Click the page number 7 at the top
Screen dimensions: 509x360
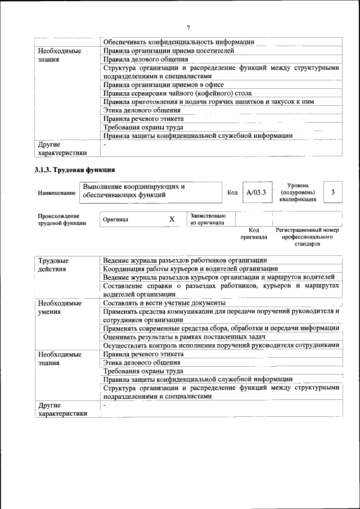pos(188,27)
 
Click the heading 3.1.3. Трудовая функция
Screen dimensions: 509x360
pos(75,169)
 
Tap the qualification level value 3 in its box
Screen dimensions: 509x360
pos(334,192)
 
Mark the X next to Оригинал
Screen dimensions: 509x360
pos(172,219)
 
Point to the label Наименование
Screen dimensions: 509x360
pos(57,193)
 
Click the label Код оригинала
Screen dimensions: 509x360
pos(254,233)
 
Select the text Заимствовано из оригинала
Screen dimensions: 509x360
pos(208,219)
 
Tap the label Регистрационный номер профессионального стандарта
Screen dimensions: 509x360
pos(307,237)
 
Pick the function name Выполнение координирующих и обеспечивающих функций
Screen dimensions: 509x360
pos(134,191)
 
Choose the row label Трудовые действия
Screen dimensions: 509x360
pos(53,264)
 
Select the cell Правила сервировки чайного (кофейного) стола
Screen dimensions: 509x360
pos(177,93)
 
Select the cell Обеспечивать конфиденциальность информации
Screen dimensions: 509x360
pos(179,42)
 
